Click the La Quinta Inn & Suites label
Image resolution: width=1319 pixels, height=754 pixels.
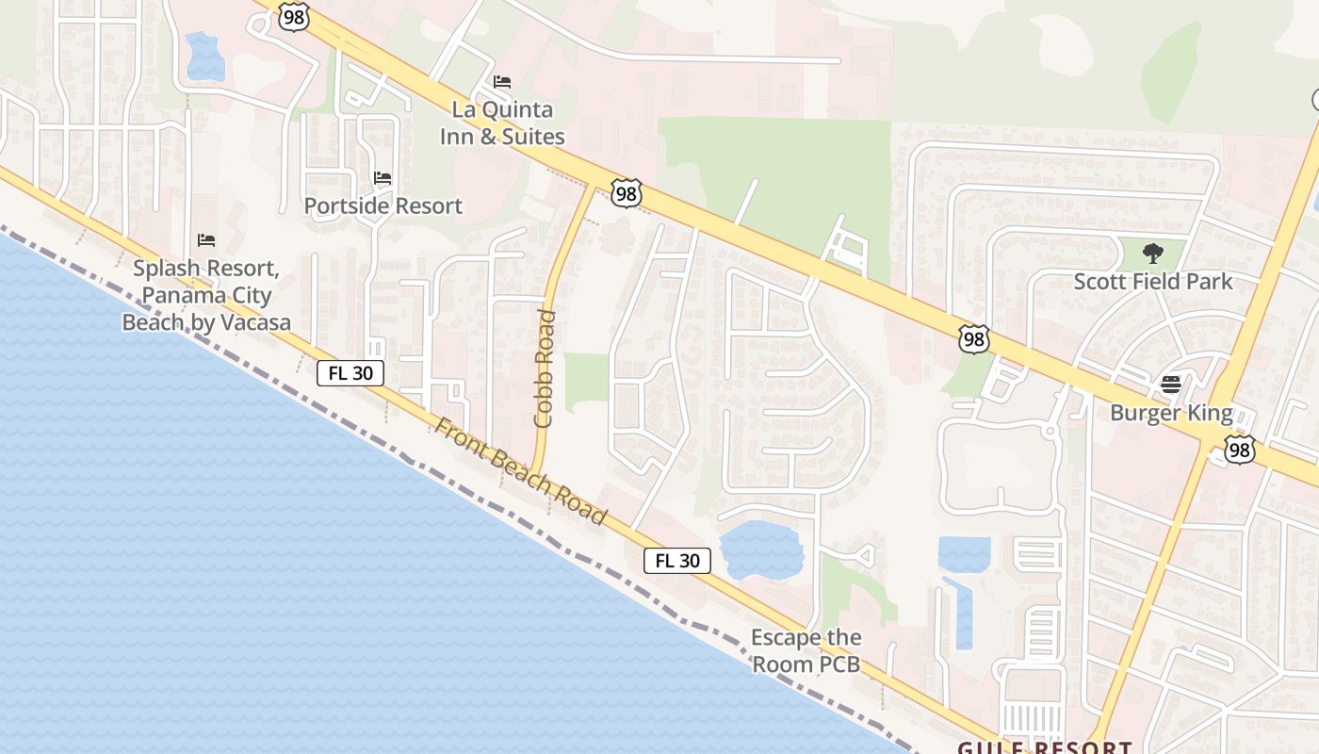502,123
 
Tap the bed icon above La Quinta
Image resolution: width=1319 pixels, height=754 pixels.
502,82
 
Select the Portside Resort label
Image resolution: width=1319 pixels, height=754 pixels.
383,205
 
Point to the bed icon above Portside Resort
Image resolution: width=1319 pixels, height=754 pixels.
383,177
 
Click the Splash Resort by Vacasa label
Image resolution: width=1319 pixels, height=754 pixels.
206,295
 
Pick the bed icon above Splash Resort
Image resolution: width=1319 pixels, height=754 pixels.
206,240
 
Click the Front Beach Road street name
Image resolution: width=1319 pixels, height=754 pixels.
519,470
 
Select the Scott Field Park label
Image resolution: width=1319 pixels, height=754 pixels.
1153,281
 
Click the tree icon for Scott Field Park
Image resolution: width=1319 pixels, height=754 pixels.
1152,253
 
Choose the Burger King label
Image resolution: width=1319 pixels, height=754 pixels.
1171,413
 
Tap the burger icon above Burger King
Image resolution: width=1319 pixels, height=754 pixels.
1171,385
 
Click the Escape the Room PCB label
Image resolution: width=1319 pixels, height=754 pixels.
806,650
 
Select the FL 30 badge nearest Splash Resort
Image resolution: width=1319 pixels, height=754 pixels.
350,373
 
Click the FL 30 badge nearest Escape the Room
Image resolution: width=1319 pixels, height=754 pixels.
677,561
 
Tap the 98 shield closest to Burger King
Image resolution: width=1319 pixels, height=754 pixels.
1240,450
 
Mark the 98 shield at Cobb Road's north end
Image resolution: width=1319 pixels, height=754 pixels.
626,193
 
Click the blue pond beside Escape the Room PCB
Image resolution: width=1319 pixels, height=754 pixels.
760,550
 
